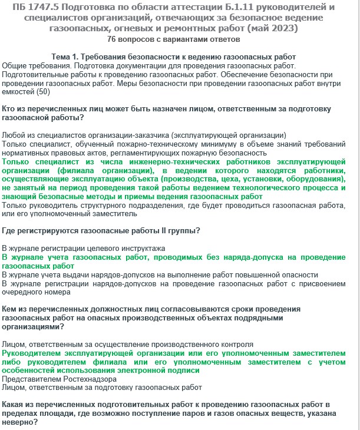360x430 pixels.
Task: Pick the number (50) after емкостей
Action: click(43, 91)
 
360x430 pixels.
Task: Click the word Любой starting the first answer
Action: click(14, 135)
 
